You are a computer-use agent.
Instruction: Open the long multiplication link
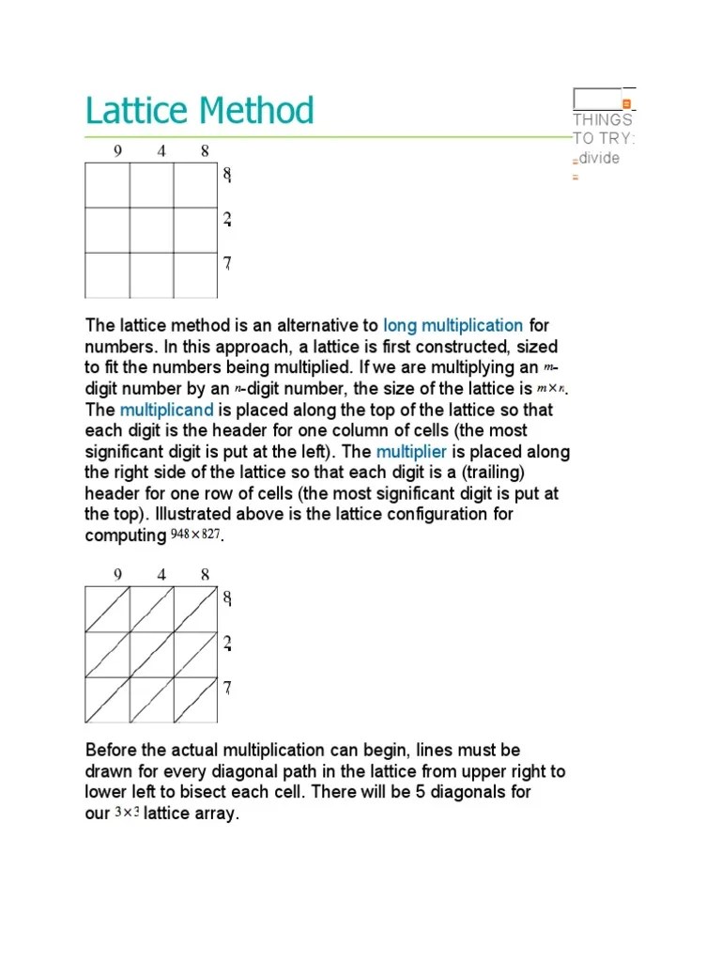pos(453,326)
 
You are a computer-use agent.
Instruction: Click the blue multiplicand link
pos(167,411)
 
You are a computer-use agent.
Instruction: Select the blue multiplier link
pos(411,452)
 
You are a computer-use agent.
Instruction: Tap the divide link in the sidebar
pos(599,158)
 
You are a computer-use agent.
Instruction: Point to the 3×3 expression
pos(127,814)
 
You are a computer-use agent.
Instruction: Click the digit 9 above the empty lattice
pos(117,150)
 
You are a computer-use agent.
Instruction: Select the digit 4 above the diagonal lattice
pos(161,575)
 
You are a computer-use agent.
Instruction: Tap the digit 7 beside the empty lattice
pos(227,264)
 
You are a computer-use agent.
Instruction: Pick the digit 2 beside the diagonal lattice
pos(227,644)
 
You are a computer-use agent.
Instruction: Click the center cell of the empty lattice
pos(151,230)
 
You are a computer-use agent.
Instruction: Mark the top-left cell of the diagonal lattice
pos(107,609)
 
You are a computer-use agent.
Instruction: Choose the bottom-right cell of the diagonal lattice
pos(195,700)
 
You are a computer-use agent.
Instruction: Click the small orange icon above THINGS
pos(627,103)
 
